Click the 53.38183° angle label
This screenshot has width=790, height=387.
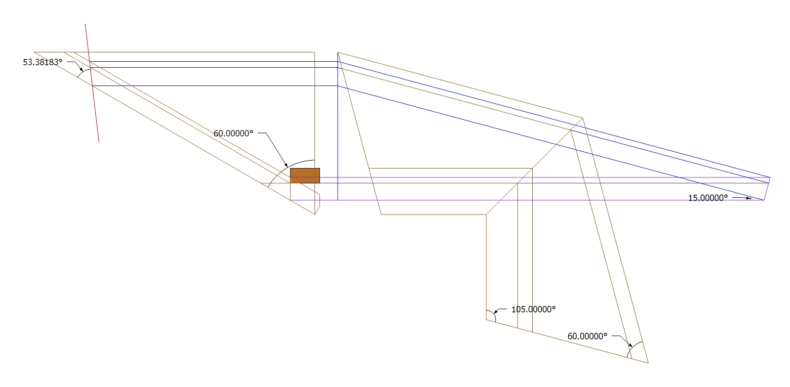(x=43, y=62)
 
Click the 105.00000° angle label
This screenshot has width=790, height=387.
(x=533, y=309)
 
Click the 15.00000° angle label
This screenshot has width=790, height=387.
(x=708, y=198)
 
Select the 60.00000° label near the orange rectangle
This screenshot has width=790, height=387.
(x=233, y=133)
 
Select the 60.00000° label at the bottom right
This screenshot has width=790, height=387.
(x=587, y=336)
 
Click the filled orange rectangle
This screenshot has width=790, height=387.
(x=305, y=175)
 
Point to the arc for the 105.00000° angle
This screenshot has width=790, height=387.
(x=495, y=316)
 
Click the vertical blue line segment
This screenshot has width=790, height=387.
(x=338, y=138)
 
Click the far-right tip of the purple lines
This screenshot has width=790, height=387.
(x=770, y=177)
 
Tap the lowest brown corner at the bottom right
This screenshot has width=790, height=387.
(x=647, y=363)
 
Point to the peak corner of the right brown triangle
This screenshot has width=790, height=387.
(x=583, y=118)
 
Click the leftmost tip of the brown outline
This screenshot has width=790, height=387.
(x=35, y=52)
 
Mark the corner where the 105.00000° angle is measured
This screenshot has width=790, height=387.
(x=487, y=320)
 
